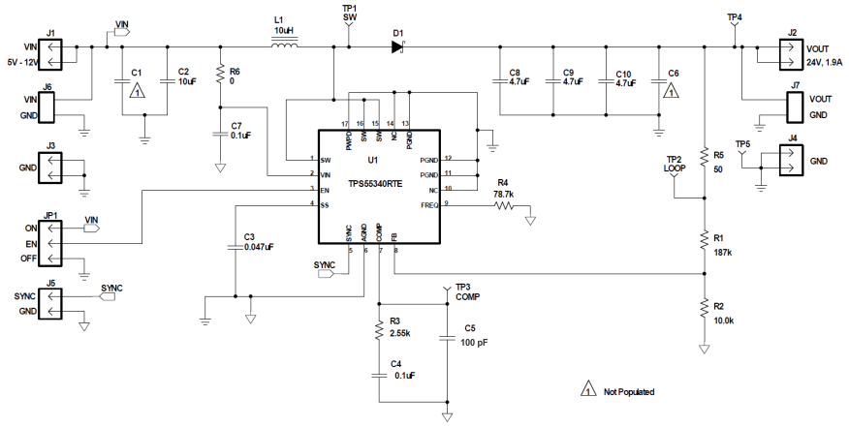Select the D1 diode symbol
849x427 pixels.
coord(397,46)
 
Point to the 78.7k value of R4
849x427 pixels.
coord(502,194)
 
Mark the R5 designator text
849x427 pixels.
coord(718,155)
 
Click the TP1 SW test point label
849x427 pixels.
coord(350,13)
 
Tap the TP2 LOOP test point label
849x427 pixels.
coord(675,164)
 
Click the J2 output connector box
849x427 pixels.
coord(792,53)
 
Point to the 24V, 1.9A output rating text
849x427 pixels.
coord(823,63)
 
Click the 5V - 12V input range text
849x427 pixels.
coord(19,63)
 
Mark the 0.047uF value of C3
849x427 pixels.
coord(259,247)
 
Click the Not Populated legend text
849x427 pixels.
coord(628,392)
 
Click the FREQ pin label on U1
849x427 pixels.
coord(428,203)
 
